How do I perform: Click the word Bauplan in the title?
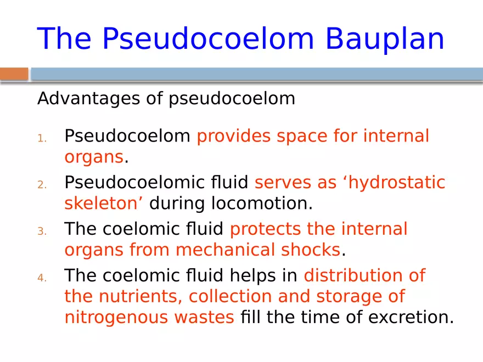click(x=384, y=38)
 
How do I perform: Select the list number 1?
click(x=42, y=138)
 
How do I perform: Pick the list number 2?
click(x=42, y=184)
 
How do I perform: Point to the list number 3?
click(x=42, y=231)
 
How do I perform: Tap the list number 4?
click(x=42, y=278)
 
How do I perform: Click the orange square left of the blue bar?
click(x=14, y=74)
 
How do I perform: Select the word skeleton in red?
click(x=101, y=203)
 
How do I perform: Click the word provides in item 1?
click(x=234, y=135)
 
